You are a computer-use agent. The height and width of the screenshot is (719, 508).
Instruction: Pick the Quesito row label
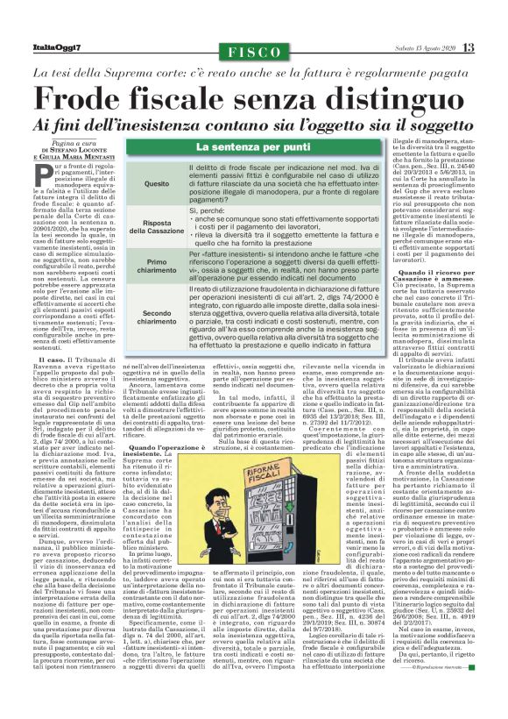point(157,184)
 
